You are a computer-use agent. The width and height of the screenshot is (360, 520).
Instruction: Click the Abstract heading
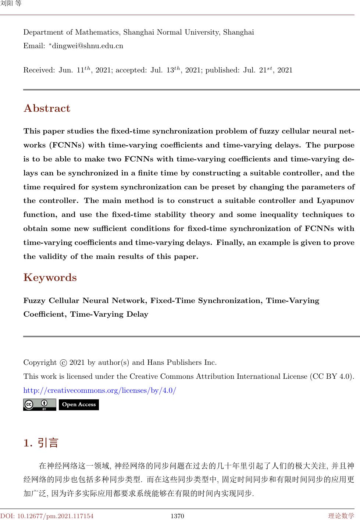click(47, 108)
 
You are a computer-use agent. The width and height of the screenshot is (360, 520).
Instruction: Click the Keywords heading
click(50, 277)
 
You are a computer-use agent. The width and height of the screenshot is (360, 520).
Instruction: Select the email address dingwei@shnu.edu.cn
click(88, 46)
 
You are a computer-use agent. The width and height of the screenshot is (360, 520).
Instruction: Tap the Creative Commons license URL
click(100, 390)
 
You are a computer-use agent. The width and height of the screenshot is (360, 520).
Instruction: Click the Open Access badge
click(79, 405)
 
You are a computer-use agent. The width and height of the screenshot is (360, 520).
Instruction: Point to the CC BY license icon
click(39, 405)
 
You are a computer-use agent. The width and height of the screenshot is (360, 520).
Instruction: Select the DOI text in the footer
click(47, 516)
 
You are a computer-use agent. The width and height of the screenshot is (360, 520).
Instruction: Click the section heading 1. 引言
click(41, 443)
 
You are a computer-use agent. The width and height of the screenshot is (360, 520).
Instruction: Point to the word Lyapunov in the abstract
click(335, 201)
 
